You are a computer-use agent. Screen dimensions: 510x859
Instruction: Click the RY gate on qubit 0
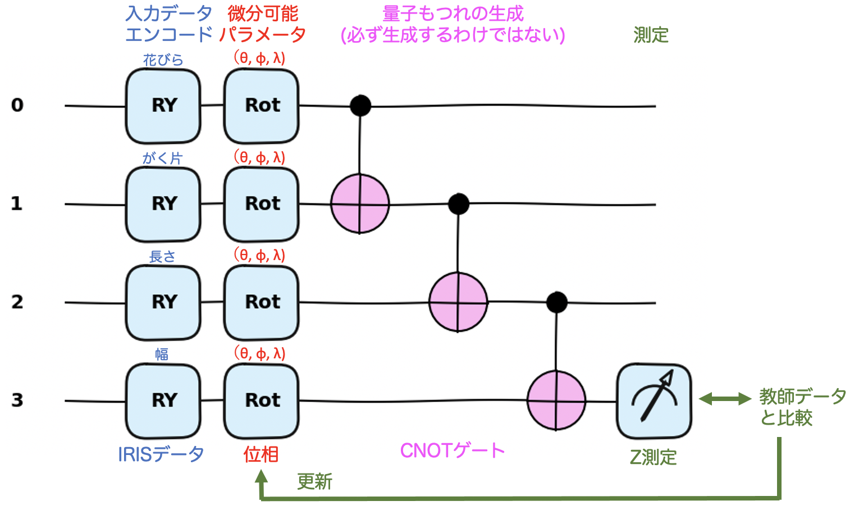click(x=163, y=106)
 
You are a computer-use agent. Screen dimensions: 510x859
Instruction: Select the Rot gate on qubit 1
click(x=262, y=204)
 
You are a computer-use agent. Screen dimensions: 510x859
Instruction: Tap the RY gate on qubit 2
click(x=163, y=302)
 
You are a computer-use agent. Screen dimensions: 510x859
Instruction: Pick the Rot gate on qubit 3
click(x=262, y=400)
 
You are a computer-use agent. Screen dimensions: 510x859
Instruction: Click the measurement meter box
click(x=654, y=401)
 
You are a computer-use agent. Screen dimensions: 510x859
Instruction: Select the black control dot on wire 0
click(x=360, y=105)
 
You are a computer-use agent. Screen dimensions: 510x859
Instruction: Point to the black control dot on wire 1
click(x=459, y=204)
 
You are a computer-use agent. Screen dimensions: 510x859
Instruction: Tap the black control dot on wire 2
click(x=556, y=302)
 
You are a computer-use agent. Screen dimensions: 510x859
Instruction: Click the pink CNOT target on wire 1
click(x=360, y=204)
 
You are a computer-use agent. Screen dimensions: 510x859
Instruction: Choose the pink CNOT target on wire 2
click(x=458, y=302)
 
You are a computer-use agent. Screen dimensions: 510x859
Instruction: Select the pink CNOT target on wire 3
click(x=556, y=400)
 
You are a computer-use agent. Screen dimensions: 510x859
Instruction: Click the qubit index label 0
click(x=17, y=105)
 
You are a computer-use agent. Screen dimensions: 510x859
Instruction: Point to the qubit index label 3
click(x=17, y=400)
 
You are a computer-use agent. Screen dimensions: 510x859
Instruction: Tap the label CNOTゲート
click(x=453, y=450)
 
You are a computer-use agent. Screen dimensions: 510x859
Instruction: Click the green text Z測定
click(x=653, y=457)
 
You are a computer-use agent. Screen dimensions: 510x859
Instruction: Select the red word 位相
click(x=261, y=454)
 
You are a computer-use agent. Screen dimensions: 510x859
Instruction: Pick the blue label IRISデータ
click(x=161, y=454)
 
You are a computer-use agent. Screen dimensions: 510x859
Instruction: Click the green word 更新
click(x=314, y=481)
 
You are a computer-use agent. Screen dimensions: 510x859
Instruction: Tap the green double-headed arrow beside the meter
click(x=725, y=399)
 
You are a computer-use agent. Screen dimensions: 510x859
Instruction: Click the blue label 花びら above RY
click(x=163, y=60)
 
